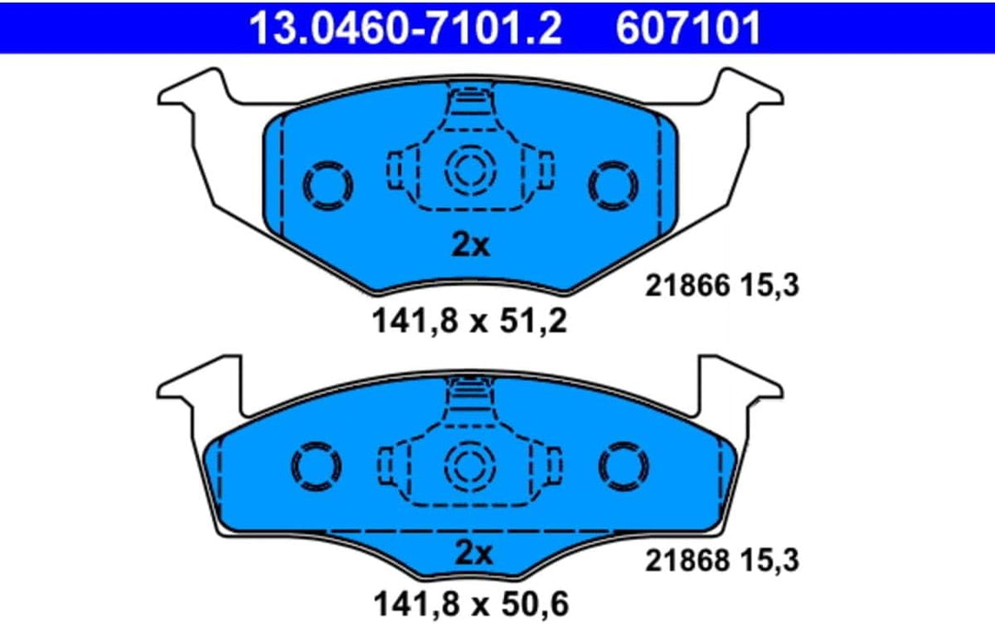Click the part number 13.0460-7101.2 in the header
pyautogui.click(x=406, y=27)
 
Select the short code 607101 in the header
pyautogui.click(x=688, y=27)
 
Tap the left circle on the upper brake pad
pyautogui.click(x=328, y=185)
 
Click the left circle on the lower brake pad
pyautogui.click(x=317, y=468)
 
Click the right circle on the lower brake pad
pyautogui.click(x=624, y=468)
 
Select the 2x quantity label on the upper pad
pyautogui.click(x=473, y=245)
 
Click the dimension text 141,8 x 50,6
pyautogui.click(x=470, y=605)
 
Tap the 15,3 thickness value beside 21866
pyautogui.click(x=771, y=286)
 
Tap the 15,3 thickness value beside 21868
pyautogui.click(x=771, y=559)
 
